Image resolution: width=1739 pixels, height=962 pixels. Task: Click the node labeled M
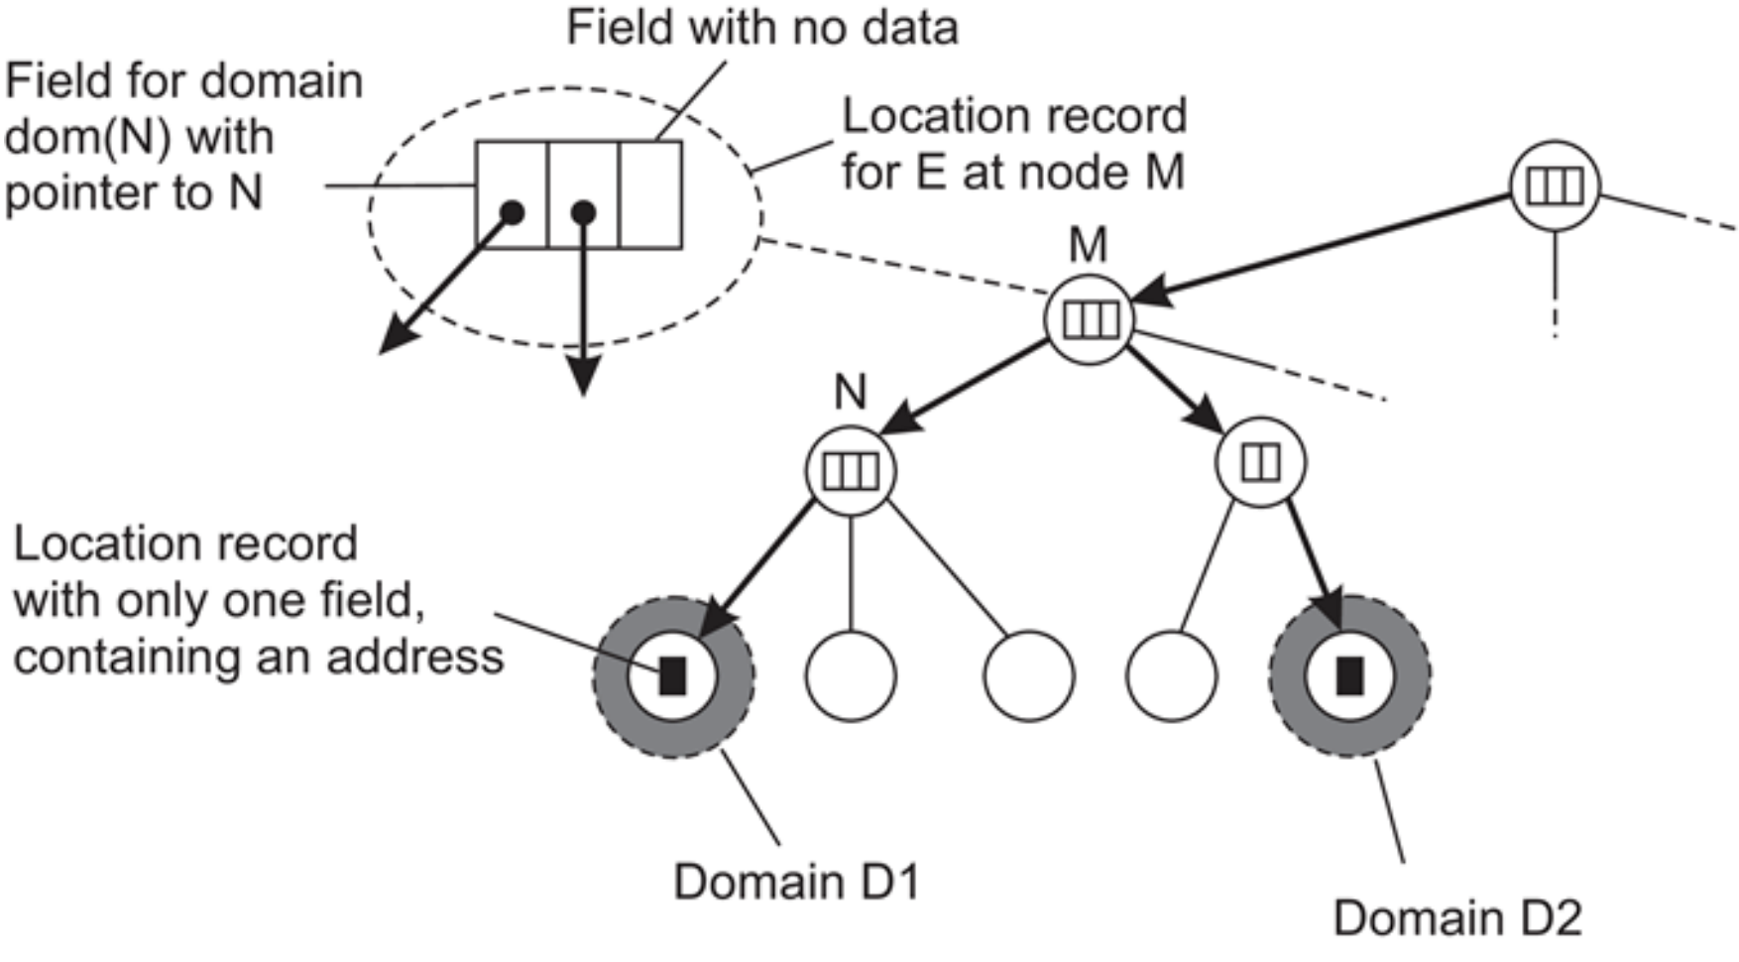point(1090,319)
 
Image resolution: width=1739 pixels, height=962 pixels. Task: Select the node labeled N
point(851,470)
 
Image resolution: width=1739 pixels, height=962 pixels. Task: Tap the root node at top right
point(1554,185)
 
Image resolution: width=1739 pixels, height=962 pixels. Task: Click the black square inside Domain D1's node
point(673,675)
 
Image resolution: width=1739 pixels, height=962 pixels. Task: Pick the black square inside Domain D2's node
point(1348,675)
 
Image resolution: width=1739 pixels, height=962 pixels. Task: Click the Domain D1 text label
point(796,881)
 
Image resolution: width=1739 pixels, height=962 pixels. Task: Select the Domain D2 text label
point(1456,917)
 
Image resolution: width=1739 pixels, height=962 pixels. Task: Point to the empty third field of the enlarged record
point(650,194)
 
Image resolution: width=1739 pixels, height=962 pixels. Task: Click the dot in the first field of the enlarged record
point(512,212)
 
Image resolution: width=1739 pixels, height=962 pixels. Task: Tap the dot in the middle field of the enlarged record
point(583,212)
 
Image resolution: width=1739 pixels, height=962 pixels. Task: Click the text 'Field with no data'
point(761,27)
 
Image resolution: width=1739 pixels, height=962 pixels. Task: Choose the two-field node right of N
point(1260,462)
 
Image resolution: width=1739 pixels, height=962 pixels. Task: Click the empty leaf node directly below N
point(851,675)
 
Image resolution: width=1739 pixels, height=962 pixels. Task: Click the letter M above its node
point(1088,245)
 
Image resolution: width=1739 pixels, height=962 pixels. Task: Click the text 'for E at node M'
point(1012,173)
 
